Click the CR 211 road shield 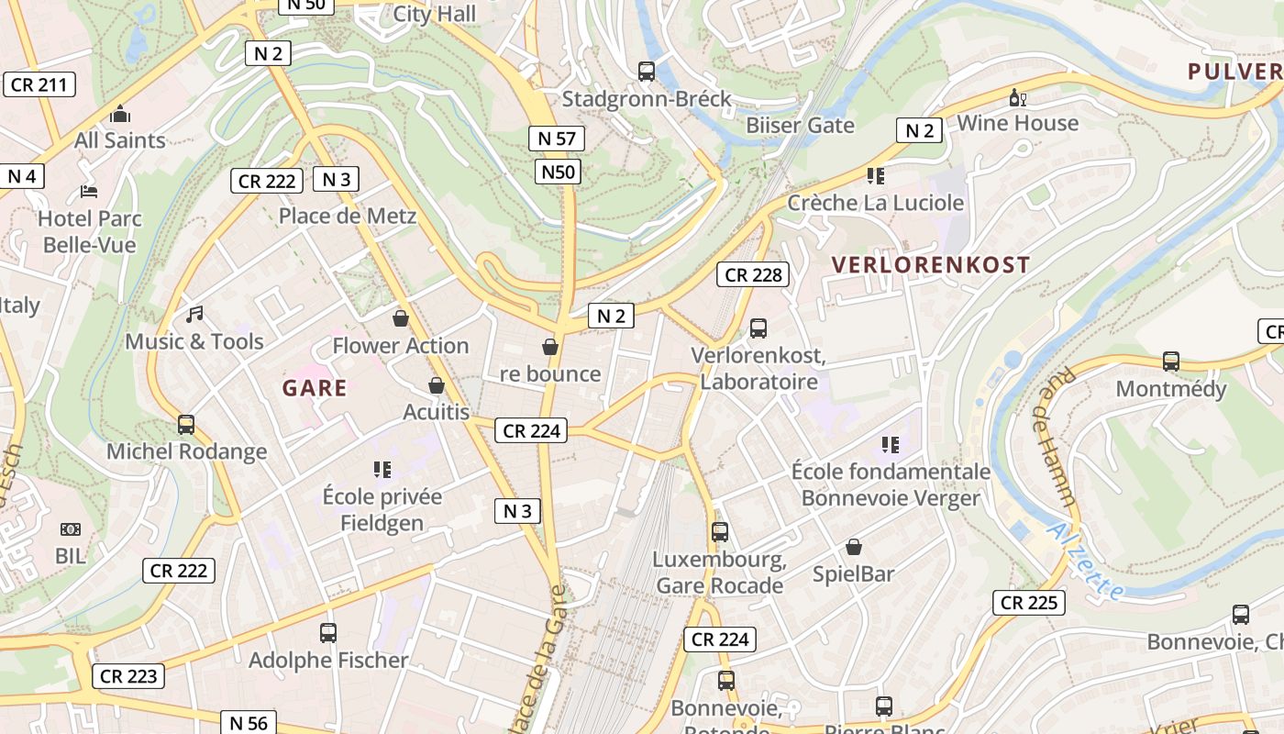39,85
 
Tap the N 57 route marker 556,139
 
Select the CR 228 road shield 754,274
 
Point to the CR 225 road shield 1029,603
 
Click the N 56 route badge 248,722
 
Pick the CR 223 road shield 129,676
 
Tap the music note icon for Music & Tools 194,315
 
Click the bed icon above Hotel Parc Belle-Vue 89,191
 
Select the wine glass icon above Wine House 1017,97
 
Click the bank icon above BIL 71,529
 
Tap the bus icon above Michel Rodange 186,425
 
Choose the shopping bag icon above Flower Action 401,318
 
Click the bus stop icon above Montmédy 1170,361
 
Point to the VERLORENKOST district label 930,265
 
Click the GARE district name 315,388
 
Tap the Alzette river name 1087,562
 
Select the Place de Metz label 348,217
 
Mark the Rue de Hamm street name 1057,438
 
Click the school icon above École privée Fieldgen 382,470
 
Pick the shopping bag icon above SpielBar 854,547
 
